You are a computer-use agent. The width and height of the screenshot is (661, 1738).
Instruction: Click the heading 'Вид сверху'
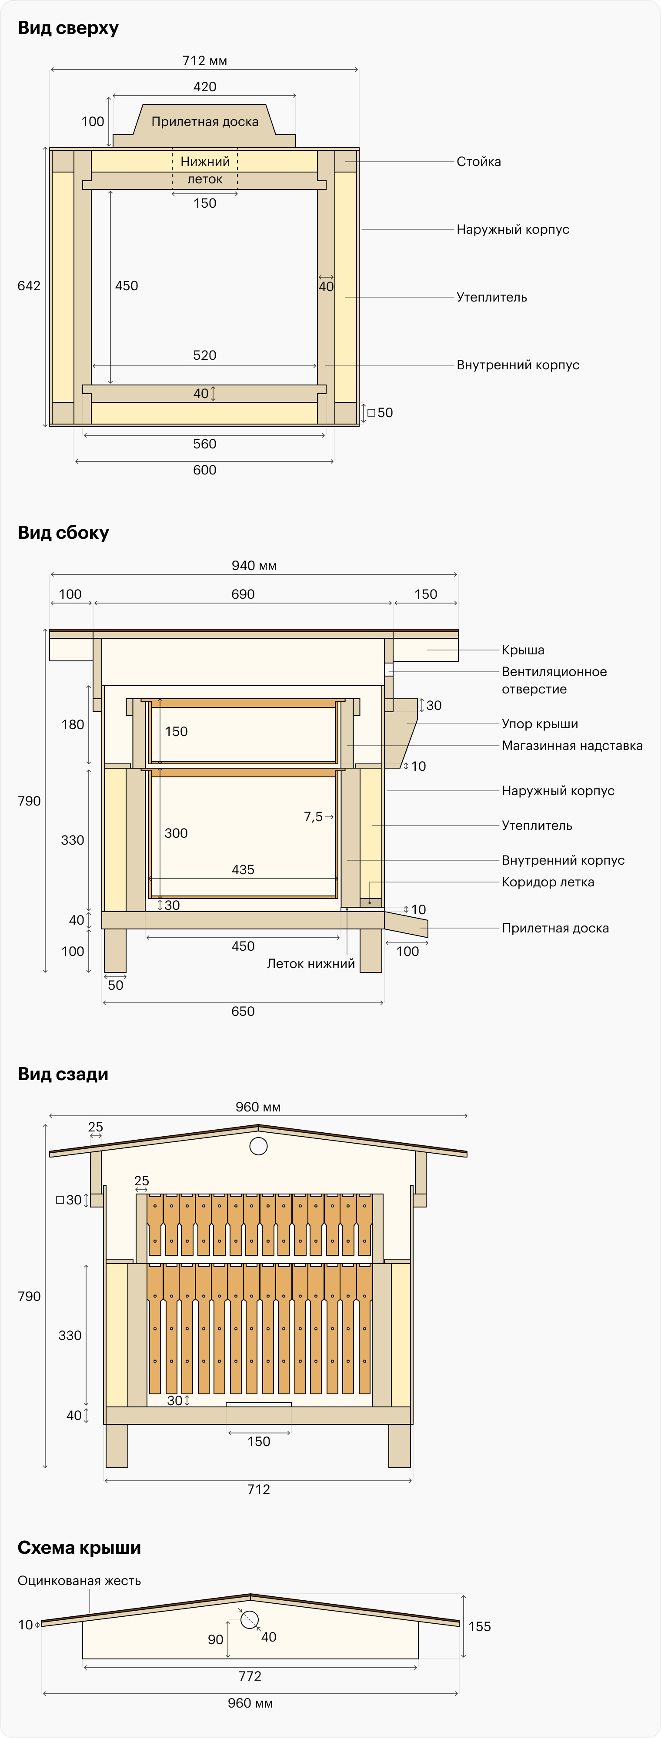pyautogui.click(x=68, y=28)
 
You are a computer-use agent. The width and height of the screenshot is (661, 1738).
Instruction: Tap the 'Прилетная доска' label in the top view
pyautogui.click(x=204, y=122)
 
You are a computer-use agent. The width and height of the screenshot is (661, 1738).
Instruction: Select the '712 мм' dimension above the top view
pyautogui.click(x=204, y=61)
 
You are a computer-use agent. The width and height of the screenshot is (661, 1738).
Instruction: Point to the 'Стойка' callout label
pyautogui.click(x=479, y=161)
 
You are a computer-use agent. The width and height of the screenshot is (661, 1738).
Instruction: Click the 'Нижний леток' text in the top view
pyautogui.click(x=204, y=170)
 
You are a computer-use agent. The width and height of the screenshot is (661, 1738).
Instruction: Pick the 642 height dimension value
pyautogui.click(x=29, y=285)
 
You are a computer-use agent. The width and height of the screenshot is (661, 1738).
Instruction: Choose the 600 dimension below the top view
pyautogui.click(x=204, y=470)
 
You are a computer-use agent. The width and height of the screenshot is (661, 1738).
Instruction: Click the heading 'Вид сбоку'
pyautogui.click(x=63, y=533)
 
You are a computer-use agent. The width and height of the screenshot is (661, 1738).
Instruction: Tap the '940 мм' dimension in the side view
pyautogui.click(x=254, y=565)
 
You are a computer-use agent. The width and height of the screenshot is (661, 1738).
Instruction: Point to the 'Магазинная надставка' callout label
pyautogui.click(x=572, y=746)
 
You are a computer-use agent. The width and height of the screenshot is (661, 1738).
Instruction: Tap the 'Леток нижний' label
pyautogui.click(x=310, y=963)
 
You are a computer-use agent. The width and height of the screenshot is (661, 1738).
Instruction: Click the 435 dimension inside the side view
pyautogui.click(x=243, y=870)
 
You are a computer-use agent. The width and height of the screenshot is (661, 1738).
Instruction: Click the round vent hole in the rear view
pyautogui.click(x=259, y=1146)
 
